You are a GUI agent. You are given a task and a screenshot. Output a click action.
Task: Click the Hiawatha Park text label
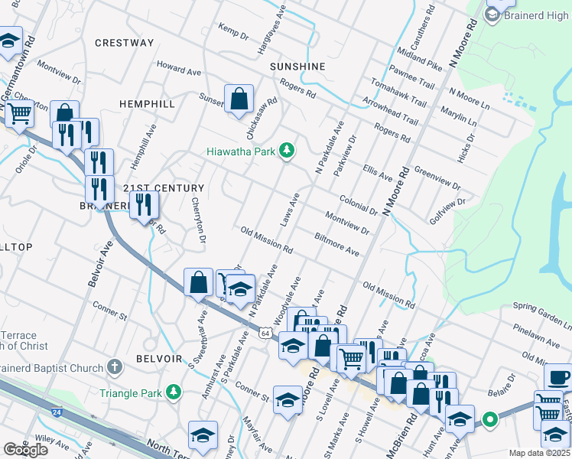point(240,151)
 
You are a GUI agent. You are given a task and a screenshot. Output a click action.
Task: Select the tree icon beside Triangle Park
point(174,392)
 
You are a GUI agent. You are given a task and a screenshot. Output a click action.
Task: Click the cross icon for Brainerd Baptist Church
point(115,368)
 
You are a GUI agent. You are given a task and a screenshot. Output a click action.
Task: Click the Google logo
point(26,449)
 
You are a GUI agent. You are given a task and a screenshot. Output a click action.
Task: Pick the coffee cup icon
point(560,378)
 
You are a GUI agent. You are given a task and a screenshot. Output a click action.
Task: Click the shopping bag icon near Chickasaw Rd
point(239,98)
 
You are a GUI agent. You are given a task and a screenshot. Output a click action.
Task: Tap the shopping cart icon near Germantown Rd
point(19,115)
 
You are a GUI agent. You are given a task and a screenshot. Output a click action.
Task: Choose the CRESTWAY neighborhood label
point(125,43)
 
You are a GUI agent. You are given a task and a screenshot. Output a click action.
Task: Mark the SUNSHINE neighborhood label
point(297,67)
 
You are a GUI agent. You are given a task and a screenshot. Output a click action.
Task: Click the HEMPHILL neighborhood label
point(148,103)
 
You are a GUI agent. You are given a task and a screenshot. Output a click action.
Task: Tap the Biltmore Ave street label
point(336,243)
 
